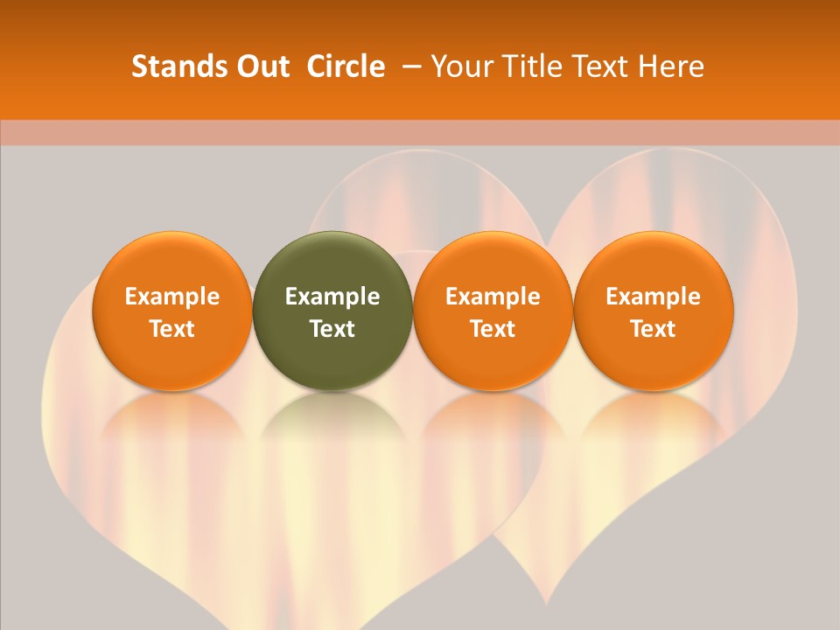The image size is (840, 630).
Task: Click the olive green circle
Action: (x=332, y=311)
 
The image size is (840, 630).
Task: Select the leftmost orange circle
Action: (x=172, y=311)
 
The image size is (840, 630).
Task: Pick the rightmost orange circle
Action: (x=654, y=311)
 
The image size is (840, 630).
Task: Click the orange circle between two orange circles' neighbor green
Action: (x=493, y=311)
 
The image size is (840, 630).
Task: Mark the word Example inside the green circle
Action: (x=332, y=297)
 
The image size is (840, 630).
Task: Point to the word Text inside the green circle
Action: (x=332, y=329)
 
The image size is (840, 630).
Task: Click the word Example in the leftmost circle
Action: (x=172, y=297)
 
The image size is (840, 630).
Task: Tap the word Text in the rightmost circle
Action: (x=654, y=329)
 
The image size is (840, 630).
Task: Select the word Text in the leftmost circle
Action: (x=172, y=329)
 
